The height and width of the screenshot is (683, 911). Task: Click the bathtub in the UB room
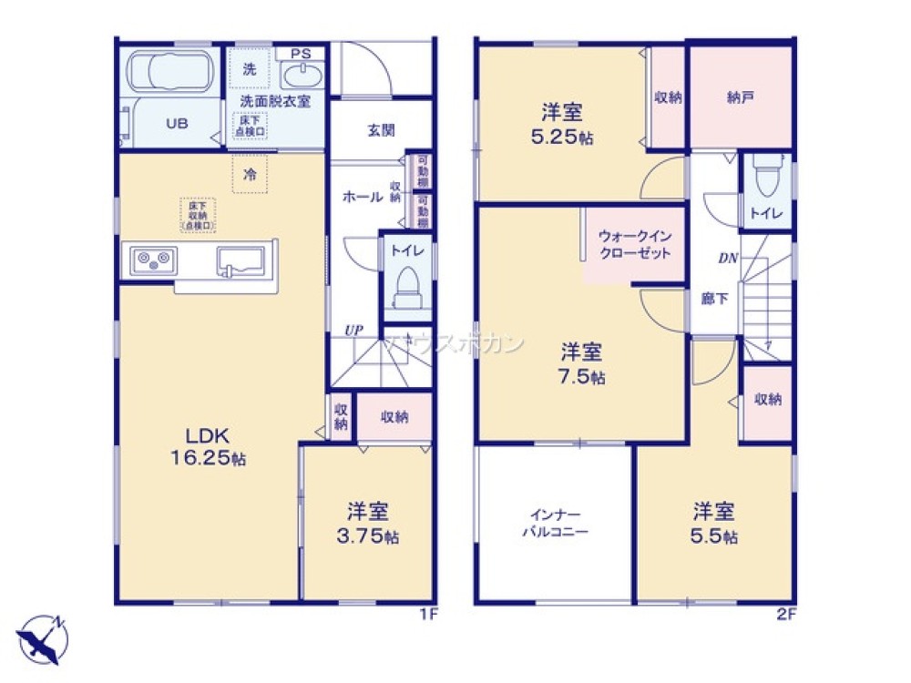(x=169, y=71)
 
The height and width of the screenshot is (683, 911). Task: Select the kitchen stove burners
(x=154, y=260)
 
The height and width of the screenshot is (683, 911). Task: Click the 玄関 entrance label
(x=381, y=130)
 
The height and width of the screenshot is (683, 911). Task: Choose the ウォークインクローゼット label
(x=634, y=245)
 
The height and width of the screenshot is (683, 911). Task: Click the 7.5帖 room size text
(x=583, y=377)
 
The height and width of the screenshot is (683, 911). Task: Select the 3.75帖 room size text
(x=368, y=536)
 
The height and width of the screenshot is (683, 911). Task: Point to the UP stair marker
(x=353, y=331)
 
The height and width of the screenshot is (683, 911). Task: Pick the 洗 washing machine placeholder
(x=249, y=67)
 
